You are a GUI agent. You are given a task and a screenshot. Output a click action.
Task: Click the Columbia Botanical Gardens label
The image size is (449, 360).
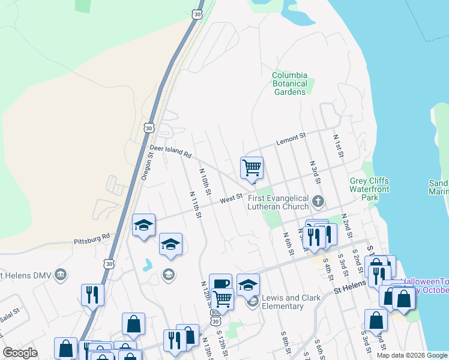tap(289, 83)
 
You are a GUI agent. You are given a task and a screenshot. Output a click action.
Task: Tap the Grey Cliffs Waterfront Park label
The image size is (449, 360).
tap(369, 189)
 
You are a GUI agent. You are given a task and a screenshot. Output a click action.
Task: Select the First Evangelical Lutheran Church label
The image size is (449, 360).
tap(279, 202)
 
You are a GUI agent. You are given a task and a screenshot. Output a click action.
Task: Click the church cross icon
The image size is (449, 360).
tap(319, 201)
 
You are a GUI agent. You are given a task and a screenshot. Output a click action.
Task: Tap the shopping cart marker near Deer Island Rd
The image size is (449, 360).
tap(252, 168)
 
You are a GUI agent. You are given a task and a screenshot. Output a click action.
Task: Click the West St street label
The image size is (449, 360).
tap(231, 197)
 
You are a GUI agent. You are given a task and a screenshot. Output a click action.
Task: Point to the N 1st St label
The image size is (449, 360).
tap(338, 146)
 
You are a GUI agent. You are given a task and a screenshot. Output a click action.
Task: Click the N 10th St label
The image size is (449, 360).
tap(205, 181)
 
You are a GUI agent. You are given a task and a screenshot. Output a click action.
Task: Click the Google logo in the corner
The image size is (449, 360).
tap(20, 353)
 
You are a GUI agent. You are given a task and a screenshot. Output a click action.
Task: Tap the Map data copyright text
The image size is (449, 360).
tap(411, 355)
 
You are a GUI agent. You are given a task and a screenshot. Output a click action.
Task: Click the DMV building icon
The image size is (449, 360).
tap(60, 275)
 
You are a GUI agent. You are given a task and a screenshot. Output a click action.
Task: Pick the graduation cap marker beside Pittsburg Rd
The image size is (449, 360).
tap(143, 226)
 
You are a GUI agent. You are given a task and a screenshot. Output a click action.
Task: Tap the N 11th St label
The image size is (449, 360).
tap(196, 206)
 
